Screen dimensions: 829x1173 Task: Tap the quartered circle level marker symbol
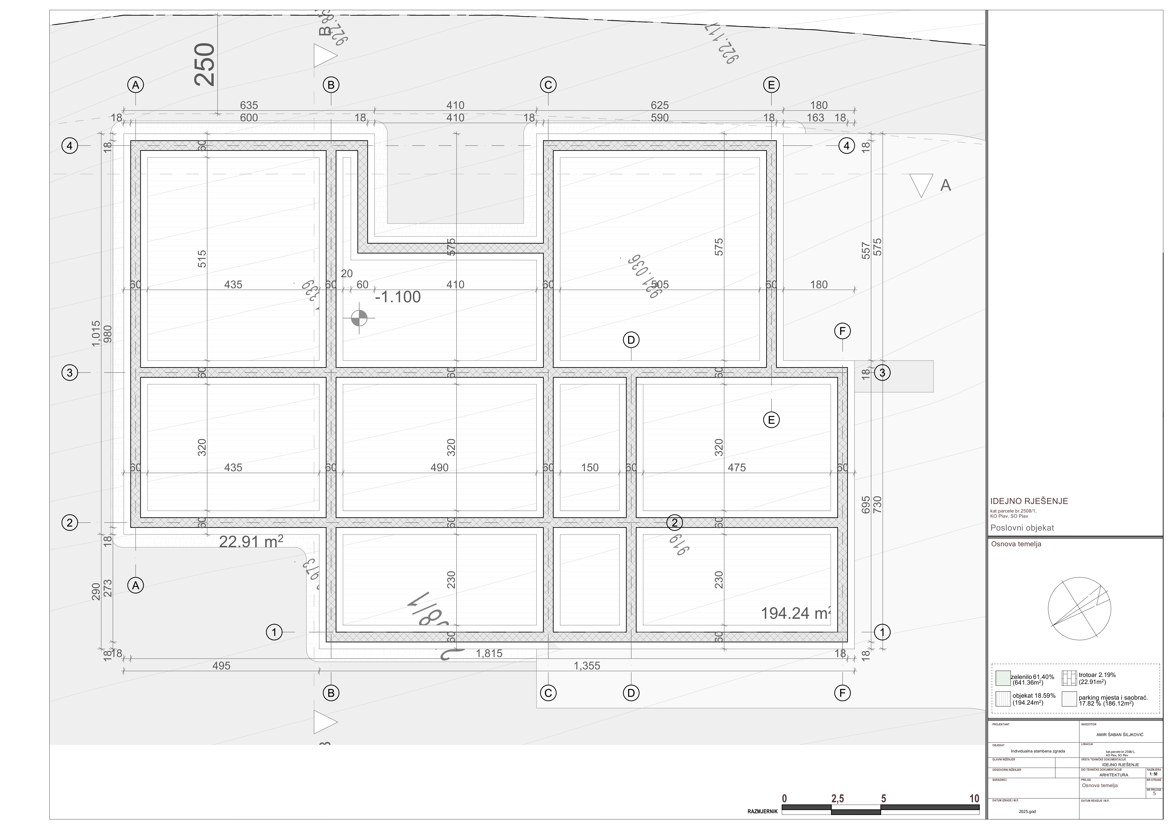point(359,318)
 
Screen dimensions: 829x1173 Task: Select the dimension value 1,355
point(587,666)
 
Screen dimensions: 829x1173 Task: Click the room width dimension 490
point(439,467)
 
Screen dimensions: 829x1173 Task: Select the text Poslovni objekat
point(1022,528)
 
